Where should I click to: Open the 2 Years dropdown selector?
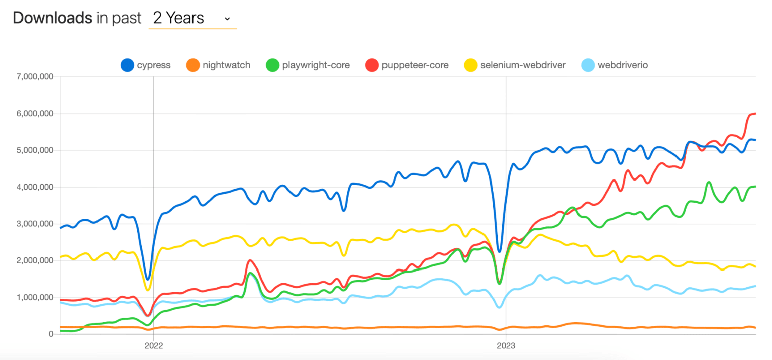[192, 19]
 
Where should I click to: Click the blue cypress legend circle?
[127, 65]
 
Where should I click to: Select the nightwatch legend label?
[226, 65]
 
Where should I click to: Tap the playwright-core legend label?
[316, 65]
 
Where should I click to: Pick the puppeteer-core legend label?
[415, 65]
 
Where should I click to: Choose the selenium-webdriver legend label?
[523, 65]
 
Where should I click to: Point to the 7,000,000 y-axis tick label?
[34, 77]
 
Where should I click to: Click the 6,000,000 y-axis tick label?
[34, 114]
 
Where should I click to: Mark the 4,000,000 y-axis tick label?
[34, 187]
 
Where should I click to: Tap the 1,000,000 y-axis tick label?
[34, 297]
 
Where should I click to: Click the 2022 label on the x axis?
[153, 346]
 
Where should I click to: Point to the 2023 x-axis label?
[506, 346]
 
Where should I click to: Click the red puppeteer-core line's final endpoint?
[755, 114]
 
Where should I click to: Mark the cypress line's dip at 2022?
[147, 279]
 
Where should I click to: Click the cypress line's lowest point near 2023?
[499, 251]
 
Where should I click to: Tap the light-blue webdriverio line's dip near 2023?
[499, 307]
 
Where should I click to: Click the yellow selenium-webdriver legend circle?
[471, 65]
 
